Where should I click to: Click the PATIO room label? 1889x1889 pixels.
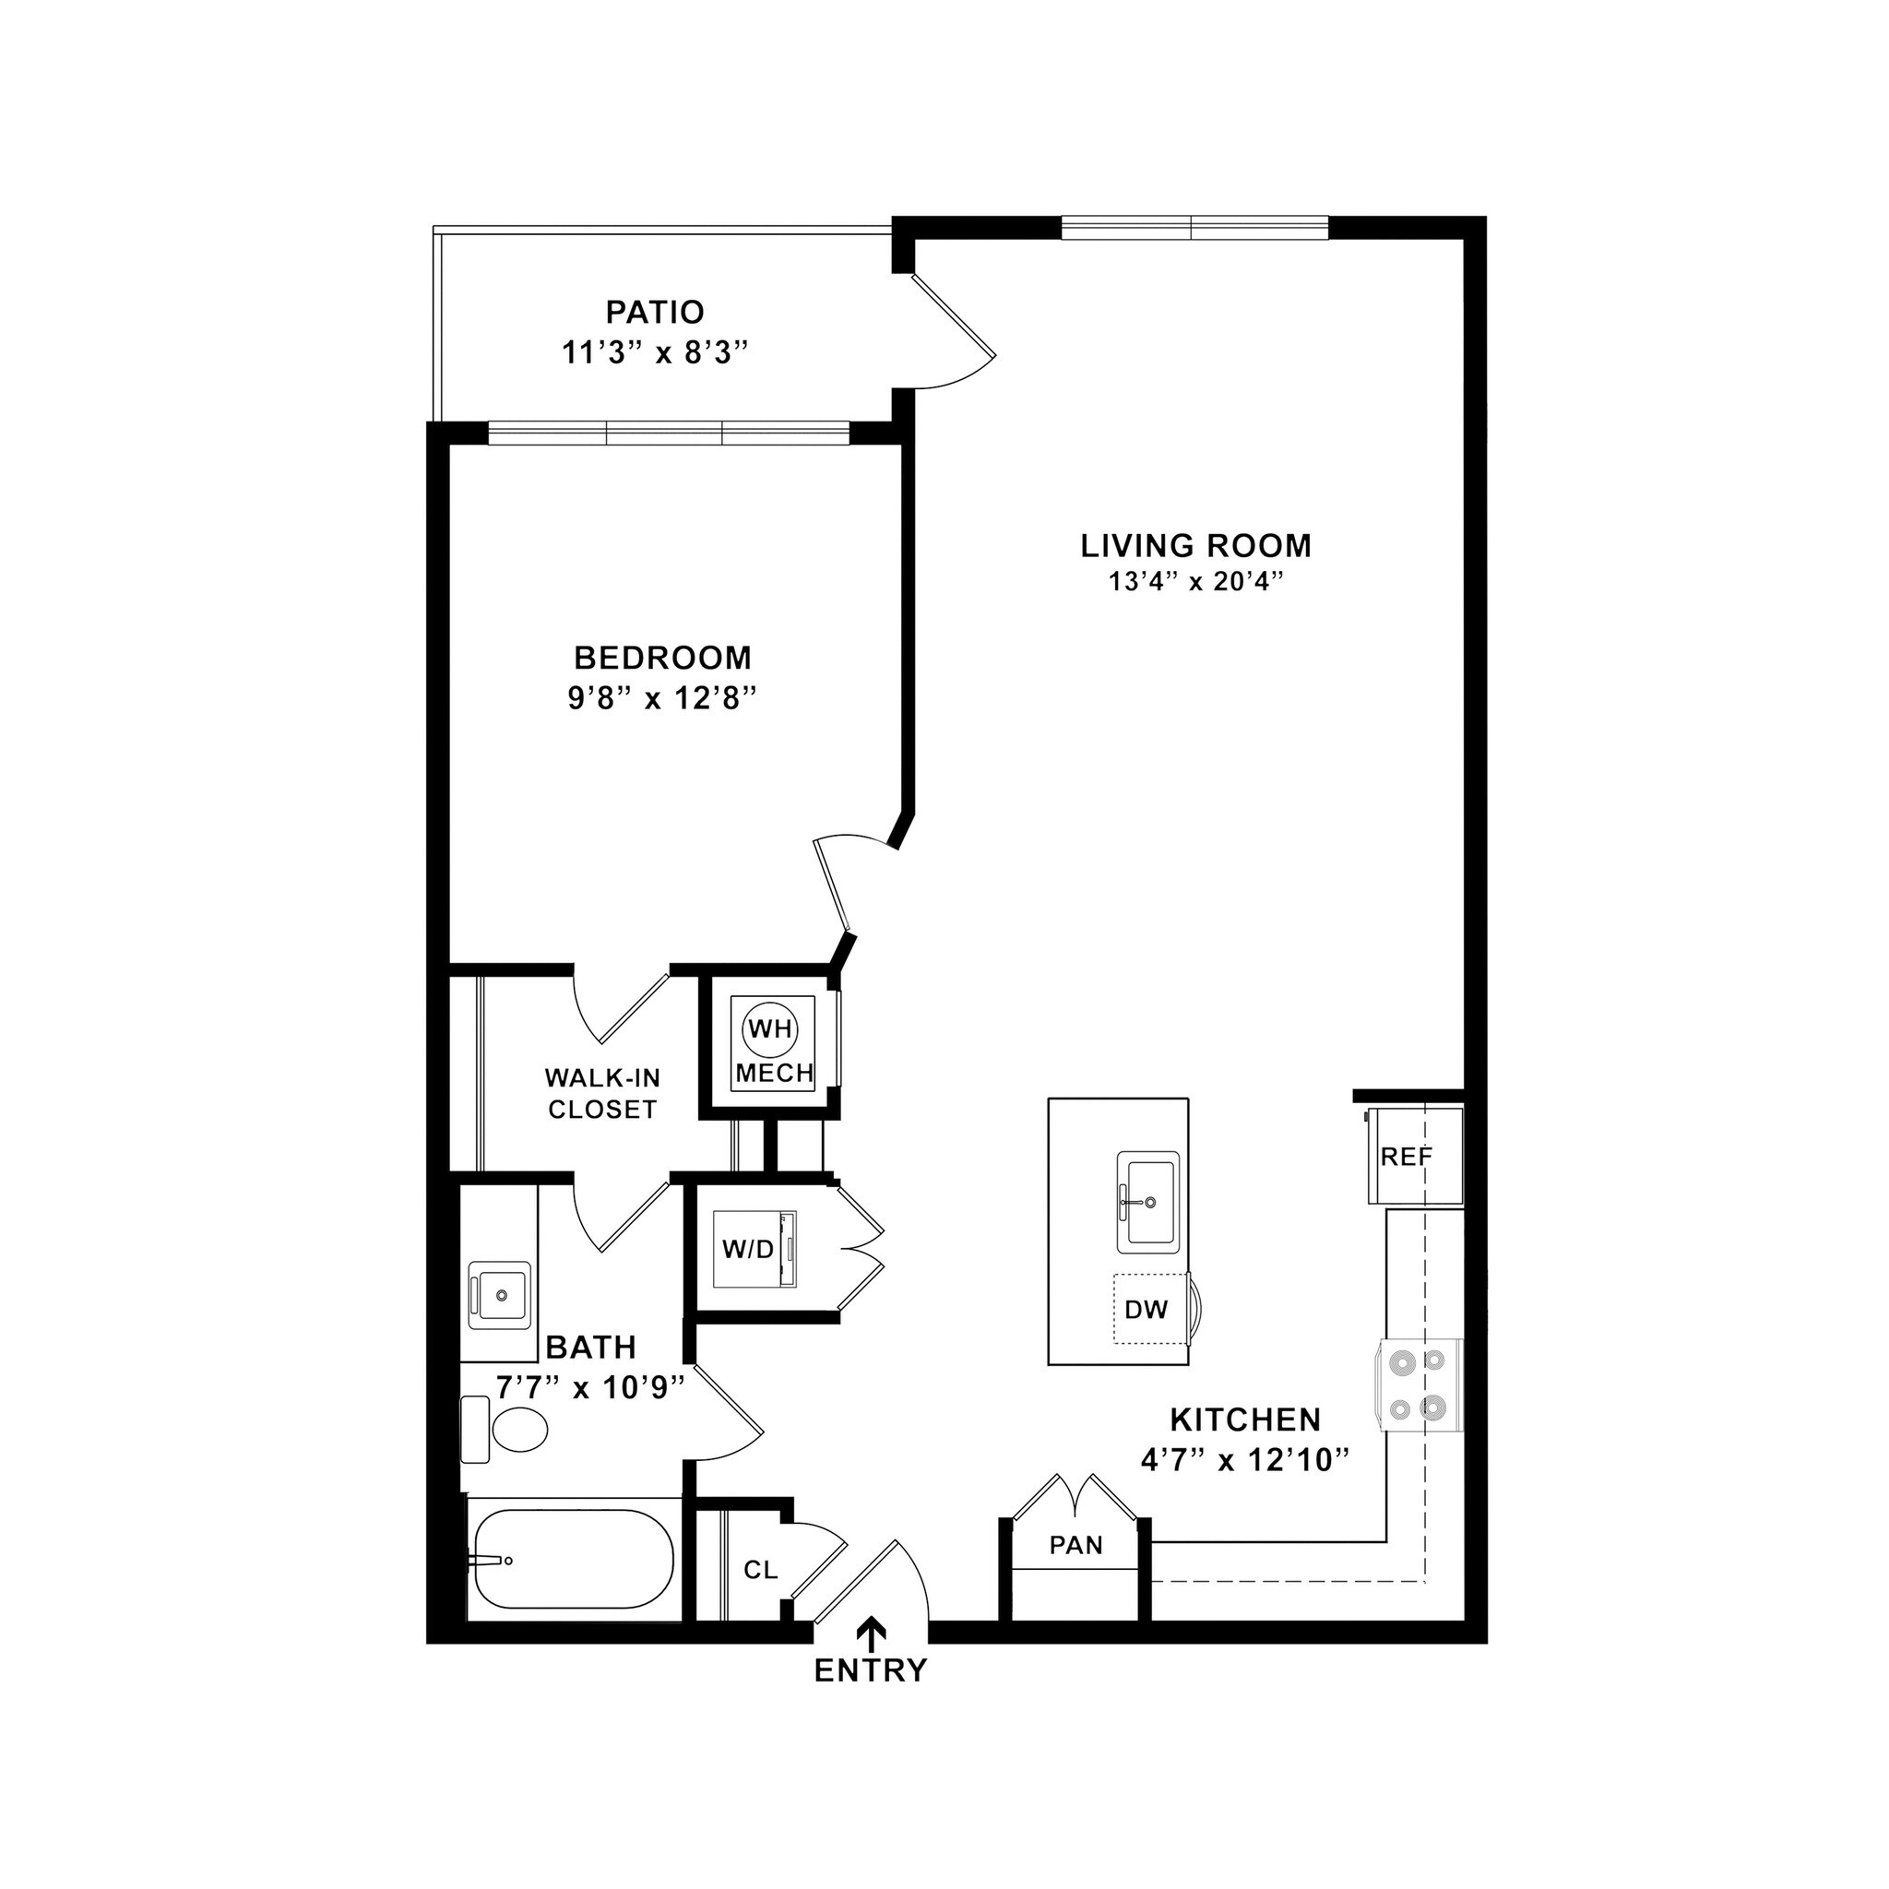(x=654, y=312)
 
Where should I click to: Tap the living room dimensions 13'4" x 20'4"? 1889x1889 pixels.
(x=1194, y=582)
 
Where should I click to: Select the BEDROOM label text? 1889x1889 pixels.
(x=662, y=656)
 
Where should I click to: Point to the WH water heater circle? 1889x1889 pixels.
(x=770, y=1028)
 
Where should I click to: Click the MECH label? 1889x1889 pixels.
(x=775, y=1073)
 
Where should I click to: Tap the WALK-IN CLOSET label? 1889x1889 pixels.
(x=602, y=1093)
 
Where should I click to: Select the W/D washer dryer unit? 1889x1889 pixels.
(x=754, y=1249)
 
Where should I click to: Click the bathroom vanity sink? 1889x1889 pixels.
(x=500, y=1293)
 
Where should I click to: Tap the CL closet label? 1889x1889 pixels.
(x=760, y=1570)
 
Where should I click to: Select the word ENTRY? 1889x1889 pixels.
(x=870, y=1671)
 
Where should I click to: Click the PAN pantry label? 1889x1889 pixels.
(x=1075, y=1546)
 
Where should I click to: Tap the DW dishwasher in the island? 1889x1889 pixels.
(x=1146, y=1309)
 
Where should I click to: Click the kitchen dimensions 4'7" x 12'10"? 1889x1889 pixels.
(x=1244, y=1461)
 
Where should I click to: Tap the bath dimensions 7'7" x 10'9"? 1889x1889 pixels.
(x=588, y=1387)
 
